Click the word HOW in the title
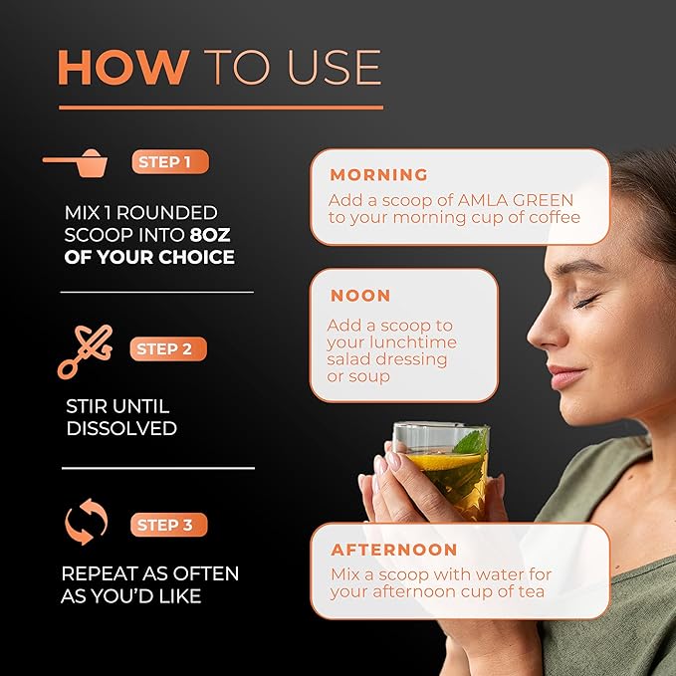pyautogui.click(x=123, y=68)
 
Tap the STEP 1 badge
pyautogui.click(x=170, y=161)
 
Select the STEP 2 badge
pyautogui.click(x=168, y=348)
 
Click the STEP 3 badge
pyautogui.click(x=169, y=525)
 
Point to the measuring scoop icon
pyautogui.click(x=76, y=163)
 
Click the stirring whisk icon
pyautogui.click(x=86, y=351)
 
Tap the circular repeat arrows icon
pyautogui.click(x=86, y=522)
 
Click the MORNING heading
pyautogui.click(x=379, y=174)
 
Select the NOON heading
pyautogui.click(x=360, y=296)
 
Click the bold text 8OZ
pyautogui.click(x=210, y=235)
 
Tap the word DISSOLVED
pyautogui.click(x=121, y=428)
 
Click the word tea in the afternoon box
pyautogui.click(x=532, y=591)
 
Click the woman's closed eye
pyautogui.click(x=586, y=301)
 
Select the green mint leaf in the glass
pyautogui.click(x=472, y=442)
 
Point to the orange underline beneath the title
pyautogui.click(x=221, y=108)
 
